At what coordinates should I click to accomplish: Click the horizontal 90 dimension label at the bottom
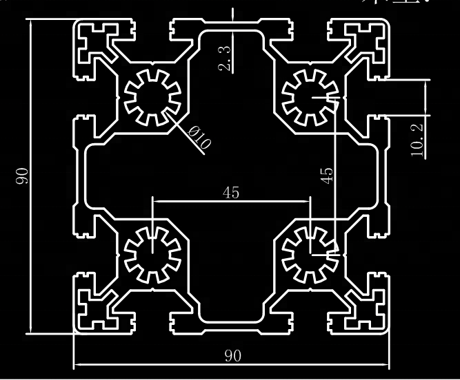click(233, 355)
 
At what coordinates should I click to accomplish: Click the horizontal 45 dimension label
click(231, 193)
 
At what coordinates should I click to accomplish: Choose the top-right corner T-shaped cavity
click(367, 42)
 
